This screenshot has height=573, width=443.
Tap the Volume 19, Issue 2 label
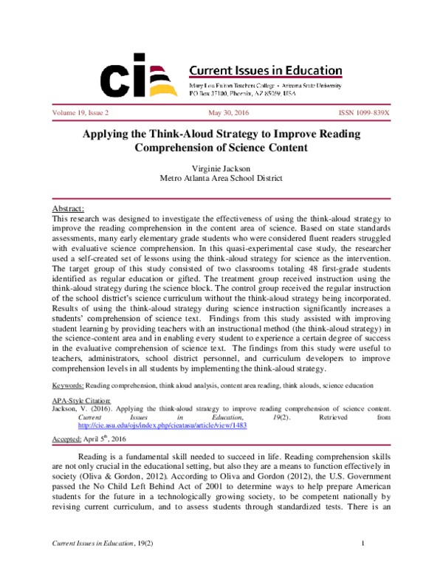click(80, 114)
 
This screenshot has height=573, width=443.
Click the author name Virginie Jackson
click(221, 168)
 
